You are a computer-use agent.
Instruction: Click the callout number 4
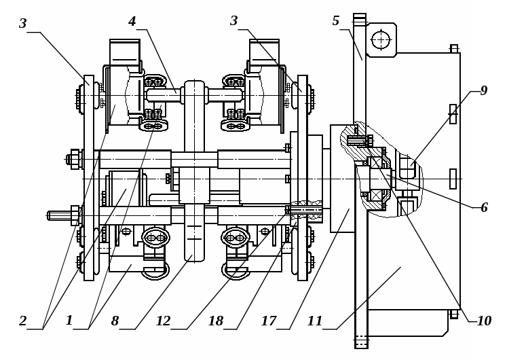pyautogui.click(x=132, y=22)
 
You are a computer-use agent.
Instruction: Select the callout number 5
pyautogui.click(x=336, y=21)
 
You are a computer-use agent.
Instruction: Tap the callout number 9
pyautogui.click(x=483, y=90)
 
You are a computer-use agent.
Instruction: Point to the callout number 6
pyautogui.click(x=484, y=208)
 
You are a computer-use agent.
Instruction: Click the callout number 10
pyautogui.click(x=485, y=321)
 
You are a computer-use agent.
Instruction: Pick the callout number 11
pyautogui.click(x=315, y=321)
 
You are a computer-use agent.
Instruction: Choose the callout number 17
pyautogui.click(x=269, y=321)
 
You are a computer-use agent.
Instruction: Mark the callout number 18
pyautogui.click(x=216, y=321)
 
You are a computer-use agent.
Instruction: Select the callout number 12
pyautogui.click(x=164, y=321)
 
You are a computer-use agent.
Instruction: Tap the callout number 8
pyautogui.click(x=115, y=321)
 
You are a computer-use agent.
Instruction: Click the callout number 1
pyautogui.click(x=69, y=321)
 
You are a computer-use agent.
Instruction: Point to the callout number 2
pyautogui.click(x=22, y=321)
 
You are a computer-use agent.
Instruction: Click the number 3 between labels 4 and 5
pyautogui.click(x=233, y=21)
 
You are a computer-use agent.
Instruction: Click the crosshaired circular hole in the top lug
pyautogui.click(x=381, y=40)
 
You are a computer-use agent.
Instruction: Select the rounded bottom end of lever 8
pyautogui.click(x=194, y=255)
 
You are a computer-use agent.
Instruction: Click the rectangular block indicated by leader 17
pyautogui.click(x=342, y=179)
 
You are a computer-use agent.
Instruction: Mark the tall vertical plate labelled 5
pyautogui.click(x=360, y=181)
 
